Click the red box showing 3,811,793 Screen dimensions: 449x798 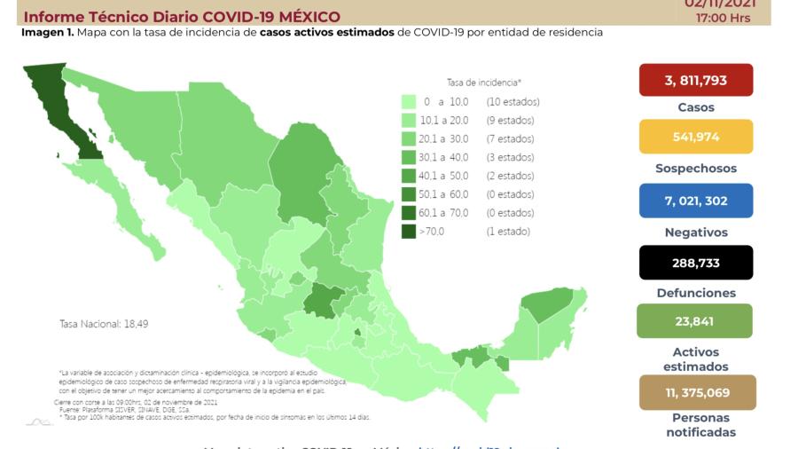coord(695,80)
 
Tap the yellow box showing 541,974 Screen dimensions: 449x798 coord(695,137)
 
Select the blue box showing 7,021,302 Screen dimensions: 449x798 coord(695,201)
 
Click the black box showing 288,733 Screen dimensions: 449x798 coord(695,263)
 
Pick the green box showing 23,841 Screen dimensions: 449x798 coord(694,321)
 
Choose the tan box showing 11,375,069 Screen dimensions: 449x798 coord(697,392)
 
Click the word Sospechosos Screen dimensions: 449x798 coord(696,169)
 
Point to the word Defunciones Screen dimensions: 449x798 coord(696,293)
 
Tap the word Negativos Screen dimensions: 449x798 coord(696,232)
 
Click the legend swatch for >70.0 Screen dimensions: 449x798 coord(409,232)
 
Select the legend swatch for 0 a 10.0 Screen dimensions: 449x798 coord(409,102)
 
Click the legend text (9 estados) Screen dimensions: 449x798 coord(510,121)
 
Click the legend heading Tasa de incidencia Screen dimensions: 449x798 coord(483,82)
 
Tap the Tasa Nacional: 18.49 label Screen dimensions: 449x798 coord(104,324)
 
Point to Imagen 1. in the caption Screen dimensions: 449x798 coord(47,32)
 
